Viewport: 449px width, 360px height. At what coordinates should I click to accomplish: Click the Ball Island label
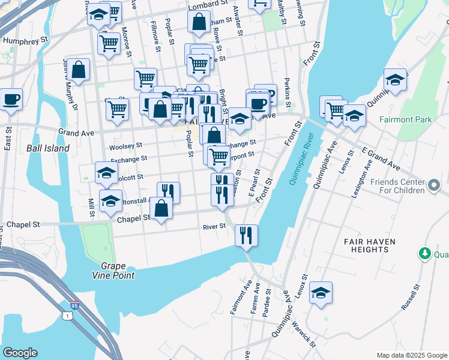(48, 148)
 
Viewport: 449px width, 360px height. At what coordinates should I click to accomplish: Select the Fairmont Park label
(406, 119)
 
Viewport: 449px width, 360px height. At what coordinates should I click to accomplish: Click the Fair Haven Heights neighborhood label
(371, 245)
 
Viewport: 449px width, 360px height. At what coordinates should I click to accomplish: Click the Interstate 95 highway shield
(74, 305)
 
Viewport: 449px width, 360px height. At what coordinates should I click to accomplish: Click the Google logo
(20, 352)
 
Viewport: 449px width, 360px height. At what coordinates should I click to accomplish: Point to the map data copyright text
(411, 355)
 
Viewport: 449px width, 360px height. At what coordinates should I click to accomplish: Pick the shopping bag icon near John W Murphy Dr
(79, 70)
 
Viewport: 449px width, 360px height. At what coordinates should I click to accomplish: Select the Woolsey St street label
(126, 146)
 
